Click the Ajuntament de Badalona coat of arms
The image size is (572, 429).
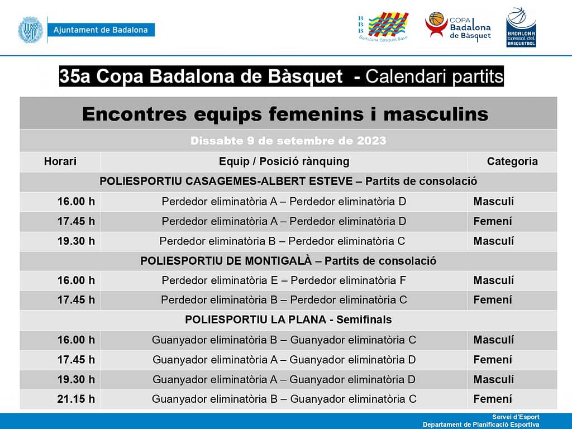[30, 30]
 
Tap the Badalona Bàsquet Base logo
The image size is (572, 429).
[383, 27]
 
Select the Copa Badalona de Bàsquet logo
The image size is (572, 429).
[458, 26]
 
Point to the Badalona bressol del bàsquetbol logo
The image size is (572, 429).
[521, 27]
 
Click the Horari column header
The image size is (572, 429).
[60, 162]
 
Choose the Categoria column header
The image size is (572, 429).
[512, 162]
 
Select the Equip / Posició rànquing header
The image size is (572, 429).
[284, 162]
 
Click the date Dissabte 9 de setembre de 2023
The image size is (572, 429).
[288, 141]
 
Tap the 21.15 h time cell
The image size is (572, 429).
[76, 399]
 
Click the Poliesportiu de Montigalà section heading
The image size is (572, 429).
[288, 261]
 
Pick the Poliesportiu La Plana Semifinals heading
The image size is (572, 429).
[288, 320]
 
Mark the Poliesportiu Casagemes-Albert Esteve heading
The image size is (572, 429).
[288, 182]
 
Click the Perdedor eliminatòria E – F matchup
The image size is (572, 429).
[284, 280]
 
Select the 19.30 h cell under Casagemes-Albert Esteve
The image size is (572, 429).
[76, 241]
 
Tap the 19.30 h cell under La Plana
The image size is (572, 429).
[76, 379]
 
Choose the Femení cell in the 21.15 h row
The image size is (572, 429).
[493, 399]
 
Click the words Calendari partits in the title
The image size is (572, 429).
[434, 77]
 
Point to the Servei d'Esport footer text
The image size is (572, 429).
[516, 417]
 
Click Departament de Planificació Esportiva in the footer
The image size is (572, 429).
[481, 425]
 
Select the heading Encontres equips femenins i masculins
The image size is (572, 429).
[285, 114]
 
